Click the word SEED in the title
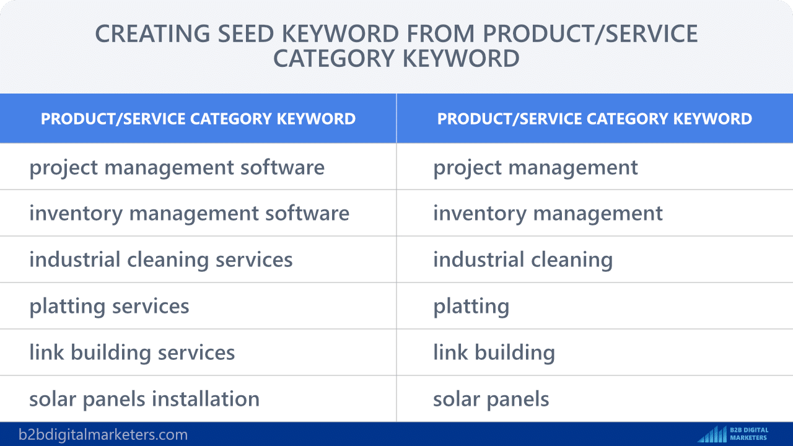[x=246, y=33]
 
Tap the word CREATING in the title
[x=152, y=33]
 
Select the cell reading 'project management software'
[x=198, y=167]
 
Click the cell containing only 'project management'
[x=595, y=167]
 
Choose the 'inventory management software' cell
[x=198, y=212]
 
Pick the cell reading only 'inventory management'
[x=595, y=212]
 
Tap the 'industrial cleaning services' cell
[x=198, y=259]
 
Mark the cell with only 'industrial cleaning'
[x=595, y=259]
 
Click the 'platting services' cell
[x=198, y=306]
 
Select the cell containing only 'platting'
[x=595, y=306]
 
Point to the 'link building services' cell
[x=198, y=352]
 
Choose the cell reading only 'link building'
[x=595, y=352]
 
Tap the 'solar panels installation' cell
[x=198, y=398]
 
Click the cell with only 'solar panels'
[x=595, y=398]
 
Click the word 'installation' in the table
[x=206, y=398]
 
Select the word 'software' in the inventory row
[x=307, y=213]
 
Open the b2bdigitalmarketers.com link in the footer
[x=103, y=434]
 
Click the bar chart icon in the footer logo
[x=712, y=434]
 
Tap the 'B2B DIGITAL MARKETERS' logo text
[x=749, y=434]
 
